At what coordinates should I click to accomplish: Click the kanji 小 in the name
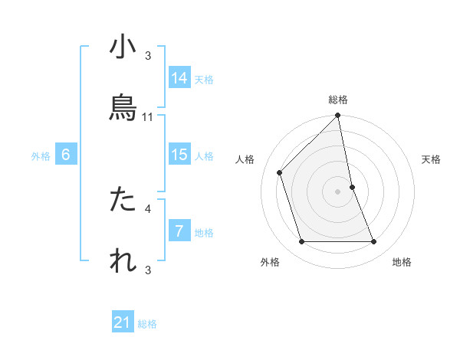tap(123, 47)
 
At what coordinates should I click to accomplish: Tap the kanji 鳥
tap(123, 108)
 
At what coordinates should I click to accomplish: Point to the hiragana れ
tap(123, 260)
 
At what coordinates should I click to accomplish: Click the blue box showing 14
tap(179, 78)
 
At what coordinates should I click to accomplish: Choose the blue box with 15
tap(179, 155)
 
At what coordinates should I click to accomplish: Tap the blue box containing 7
tap(179, 231)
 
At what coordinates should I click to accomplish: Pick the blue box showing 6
tap(66, 155)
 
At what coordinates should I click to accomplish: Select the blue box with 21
tap(123, 322)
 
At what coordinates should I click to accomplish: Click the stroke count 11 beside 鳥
tap(148, 117)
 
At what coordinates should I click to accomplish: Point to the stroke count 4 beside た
tap(148, 208)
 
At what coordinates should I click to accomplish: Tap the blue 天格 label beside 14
tap(204, 80)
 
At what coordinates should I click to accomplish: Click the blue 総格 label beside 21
tap(147, 324)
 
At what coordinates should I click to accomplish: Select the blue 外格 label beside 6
tap(41, 156)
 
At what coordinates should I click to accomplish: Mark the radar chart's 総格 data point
tap(337, 116)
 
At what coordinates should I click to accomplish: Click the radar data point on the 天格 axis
tap(352, 187)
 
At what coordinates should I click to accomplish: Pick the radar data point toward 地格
tap(374, 242)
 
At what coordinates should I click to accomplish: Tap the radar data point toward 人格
tap(280, 172)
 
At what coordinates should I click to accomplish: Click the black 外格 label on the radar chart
tap(270, 263)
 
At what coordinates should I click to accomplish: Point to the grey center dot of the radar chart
tap(337, 191)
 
